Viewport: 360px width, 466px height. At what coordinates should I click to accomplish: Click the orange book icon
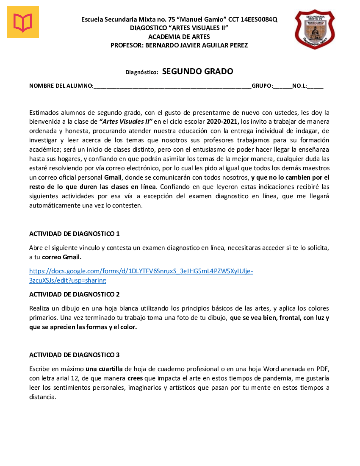tap(23, 22)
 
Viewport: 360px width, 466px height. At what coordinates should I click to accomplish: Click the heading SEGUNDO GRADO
tap(197, 71)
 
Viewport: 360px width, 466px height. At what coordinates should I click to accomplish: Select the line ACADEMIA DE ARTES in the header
tap(179, 37)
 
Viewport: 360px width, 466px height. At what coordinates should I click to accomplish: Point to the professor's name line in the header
tap(179, 45)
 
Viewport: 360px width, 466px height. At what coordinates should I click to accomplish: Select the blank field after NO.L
tap(316, 86)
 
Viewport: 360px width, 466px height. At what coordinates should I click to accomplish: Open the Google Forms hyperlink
tap(141, 271)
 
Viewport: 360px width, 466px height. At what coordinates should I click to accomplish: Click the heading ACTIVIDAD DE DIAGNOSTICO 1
tap(75, 234)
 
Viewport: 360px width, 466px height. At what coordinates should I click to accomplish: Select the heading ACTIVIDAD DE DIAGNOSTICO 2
tap(75, 294)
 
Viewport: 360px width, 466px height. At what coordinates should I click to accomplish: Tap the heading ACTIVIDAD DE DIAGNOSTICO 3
tap(75, 355)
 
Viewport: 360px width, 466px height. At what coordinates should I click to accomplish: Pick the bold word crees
tap(136, 378)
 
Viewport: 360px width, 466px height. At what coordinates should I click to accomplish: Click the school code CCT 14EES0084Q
tap(253, 19)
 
